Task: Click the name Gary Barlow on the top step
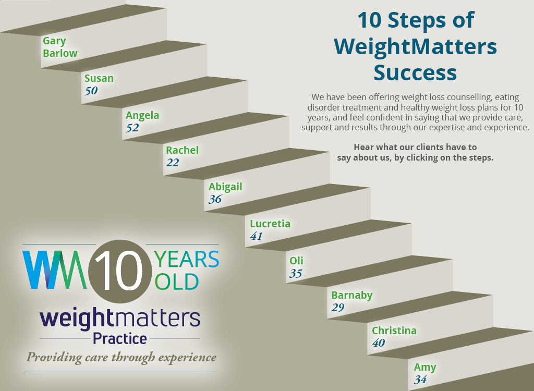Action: pyautogui.click(x=60, y=47)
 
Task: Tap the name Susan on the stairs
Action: pyautogui.click(x=99, y=78)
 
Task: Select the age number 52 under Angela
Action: pyautogui.click(x=132, y=128)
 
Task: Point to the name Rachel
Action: pyautogui.click(x=182, y=150)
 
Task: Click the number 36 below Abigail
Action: pyautogui.click(x=215, y=199)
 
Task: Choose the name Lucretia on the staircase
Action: pyautogui.click(x=270, y=224)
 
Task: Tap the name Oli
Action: pyautogui.click(x=296, y=261)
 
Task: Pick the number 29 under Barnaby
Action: pyautogui.click(x=338, y=308)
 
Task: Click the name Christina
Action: pyautogui.click(x=394, y=331)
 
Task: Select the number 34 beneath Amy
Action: pyautogui.click(x=421, y=380)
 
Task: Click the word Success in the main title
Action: pyautogui.click(x=415, y=72)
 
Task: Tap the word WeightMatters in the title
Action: pyautogui.click(x=415, y=47)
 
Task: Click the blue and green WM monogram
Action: pyautogui.click(x=54, y=270)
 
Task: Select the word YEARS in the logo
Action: pyautogui.click(x=187, y=260)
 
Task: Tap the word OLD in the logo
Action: pyautogui.click(x=177, y=282)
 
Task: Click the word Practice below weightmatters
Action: pyautogui.click(x=120, y=339)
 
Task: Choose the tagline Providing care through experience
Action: pyautogui.click(x=121, y=358)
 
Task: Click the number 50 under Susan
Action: pyautogui.click(x=91, y=91)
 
